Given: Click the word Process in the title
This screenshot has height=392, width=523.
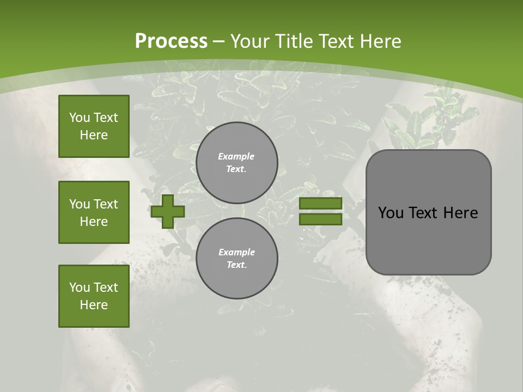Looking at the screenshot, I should (x=171, y=41).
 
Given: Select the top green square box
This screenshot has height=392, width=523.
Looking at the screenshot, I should (x=94, y=126).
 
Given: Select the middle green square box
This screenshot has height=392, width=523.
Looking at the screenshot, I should (x=94, y=212).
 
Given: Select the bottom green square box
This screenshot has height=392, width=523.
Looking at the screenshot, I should (x=94, y=296).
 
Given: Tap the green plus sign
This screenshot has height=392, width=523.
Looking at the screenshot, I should (x=167, y=211).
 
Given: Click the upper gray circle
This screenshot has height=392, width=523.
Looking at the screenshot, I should (x=236, y=163).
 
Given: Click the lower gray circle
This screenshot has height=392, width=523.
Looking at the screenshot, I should (x=236, y=259).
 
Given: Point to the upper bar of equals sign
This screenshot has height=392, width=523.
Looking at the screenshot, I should (x=320, y=204).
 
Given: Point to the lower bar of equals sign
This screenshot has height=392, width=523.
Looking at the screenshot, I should (x=320, y=219).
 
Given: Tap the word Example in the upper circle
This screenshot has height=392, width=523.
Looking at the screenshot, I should (x=236, y=156).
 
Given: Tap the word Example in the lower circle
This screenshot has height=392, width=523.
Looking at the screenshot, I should (x=236, y=252).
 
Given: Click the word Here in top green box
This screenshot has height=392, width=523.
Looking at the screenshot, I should (x=94, y=135).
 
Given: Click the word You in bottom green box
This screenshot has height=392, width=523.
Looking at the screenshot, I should (x=80, y=287).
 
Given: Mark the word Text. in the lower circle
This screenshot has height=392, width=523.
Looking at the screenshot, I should (x=236, y=265).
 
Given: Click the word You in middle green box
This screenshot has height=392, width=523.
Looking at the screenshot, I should (x=80, y=204).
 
